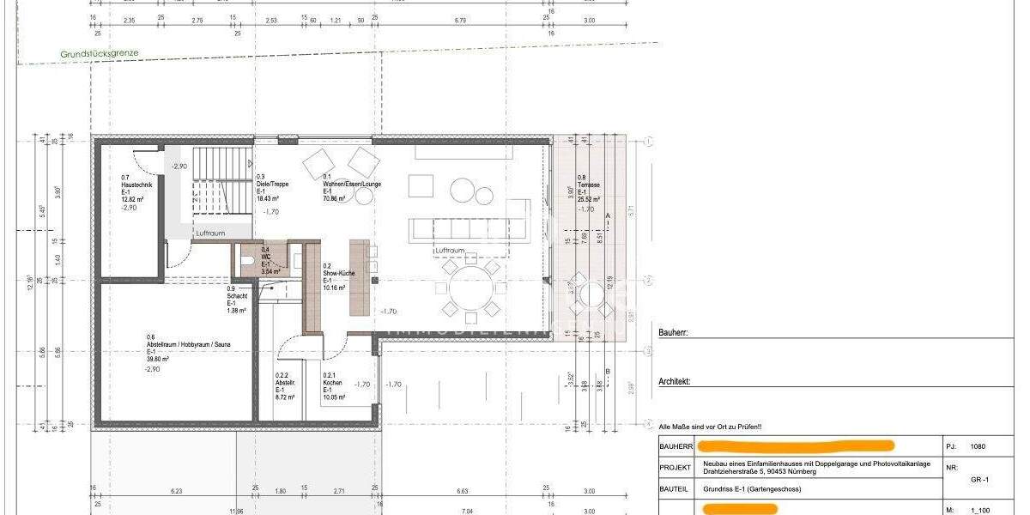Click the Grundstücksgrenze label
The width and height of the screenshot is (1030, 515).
pos(99,53)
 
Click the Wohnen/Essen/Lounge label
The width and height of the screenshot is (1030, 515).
pos(352,184)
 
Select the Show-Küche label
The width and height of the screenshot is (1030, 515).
pos(338,273)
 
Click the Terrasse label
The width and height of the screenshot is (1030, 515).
pos(589,185)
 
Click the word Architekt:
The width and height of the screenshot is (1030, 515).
pos(675,381)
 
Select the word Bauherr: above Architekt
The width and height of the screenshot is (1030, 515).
pos(673,333)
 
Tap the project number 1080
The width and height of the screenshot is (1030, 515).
pos(978,446)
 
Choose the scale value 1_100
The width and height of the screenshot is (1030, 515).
pos(979,509)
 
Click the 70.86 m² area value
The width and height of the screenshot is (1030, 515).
pos(334,198)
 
